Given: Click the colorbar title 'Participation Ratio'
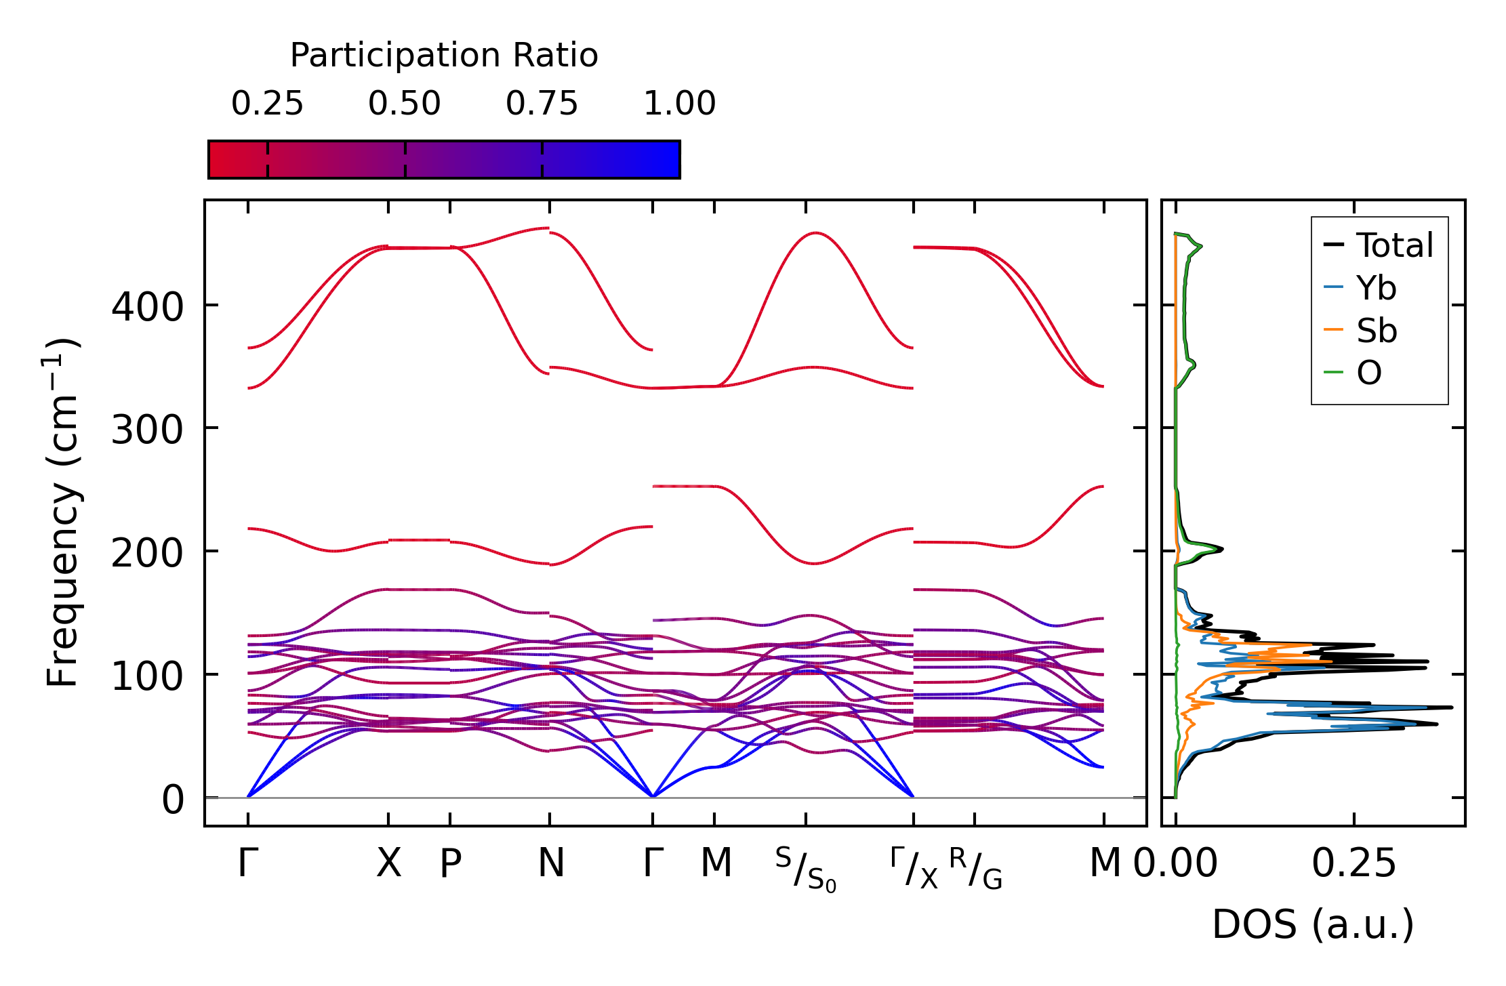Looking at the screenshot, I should (x=444, y=56).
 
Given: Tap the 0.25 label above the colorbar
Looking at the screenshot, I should (x=267, y=104).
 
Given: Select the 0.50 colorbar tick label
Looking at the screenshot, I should (x=405, y=104).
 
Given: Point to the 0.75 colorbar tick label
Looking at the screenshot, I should (x=542, y=104).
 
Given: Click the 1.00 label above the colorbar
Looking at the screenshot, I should (x=679, y=104).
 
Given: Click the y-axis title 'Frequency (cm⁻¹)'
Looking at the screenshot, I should (x=63, y=512).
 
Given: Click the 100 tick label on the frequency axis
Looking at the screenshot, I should (x=147, y=676).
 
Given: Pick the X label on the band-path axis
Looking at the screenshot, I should (x=388, y=863).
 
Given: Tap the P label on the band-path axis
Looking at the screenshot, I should (x=450, y=863).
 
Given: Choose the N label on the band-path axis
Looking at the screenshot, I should (x=550, y=863).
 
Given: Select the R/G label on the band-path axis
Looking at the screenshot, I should (x=975, y=869).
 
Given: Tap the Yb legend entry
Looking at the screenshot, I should (x=1376, y=289).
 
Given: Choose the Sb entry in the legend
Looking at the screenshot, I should (x=1376, y=331).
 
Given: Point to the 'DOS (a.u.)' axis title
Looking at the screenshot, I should (x=1313, y=924).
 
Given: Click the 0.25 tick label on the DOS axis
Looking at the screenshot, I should (x=1354, y=863).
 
